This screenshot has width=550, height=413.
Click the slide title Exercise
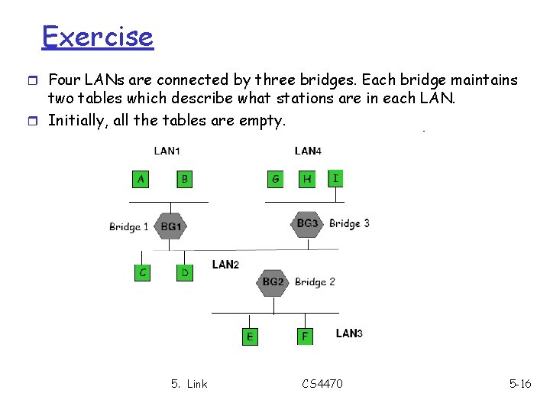pos(97,36)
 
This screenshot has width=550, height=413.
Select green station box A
pos(140,179)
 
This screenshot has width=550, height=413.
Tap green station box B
pos(184,179)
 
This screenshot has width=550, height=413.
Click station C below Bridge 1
pos(141,272)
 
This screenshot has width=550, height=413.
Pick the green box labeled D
pos(185,272)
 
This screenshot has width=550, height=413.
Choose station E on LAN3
pos(250,336)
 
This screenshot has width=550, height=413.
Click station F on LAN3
pos(305,335)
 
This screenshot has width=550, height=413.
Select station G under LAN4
pos(275,179)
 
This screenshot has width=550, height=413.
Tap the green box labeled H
pos(307,179)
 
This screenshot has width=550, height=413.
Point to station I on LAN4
pos(336,178)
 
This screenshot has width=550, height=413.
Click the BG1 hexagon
pos(171,226)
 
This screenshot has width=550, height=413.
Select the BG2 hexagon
pos(273,282)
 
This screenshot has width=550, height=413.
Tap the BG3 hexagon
pos(307,223)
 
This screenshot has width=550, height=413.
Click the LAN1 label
pos(167,151)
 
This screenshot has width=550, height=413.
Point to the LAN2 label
pos(225,265)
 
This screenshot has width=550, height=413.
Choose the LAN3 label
pos(349,333)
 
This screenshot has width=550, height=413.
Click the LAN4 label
pos(307,151)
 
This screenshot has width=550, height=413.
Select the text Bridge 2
pos(315,281)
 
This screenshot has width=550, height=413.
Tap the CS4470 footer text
pos(322,383)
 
